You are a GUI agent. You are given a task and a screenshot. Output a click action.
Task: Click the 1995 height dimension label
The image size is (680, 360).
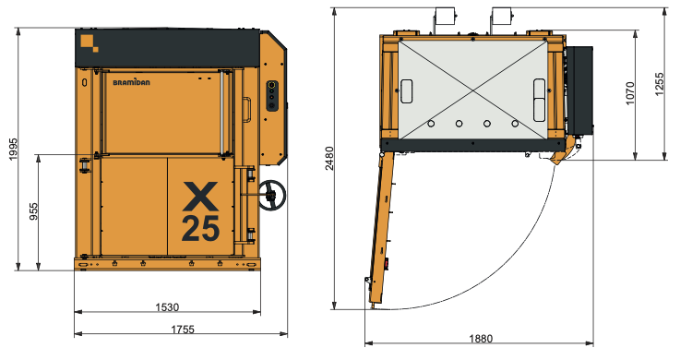click(x=13, y=149)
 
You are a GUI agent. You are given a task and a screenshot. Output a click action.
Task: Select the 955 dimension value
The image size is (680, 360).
click(x=33, y=211)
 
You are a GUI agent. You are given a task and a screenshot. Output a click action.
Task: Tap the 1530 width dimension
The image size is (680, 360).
click(x=167, y=307)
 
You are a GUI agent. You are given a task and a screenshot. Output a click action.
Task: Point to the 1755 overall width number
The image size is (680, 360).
click(x=183, y=330)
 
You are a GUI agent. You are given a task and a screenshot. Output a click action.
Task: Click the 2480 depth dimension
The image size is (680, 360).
click(x=329, y=159)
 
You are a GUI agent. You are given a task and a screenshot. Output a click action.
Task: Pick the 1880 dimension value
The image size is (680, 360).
click(x=481, y=339)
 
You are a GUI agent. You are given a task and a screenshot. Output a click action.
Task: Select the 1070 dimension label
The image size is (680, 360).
click(x=629, y=93)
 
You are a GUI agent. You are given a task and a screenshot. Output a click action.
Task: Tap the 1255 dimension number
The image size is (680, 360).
click(x=659, y=84)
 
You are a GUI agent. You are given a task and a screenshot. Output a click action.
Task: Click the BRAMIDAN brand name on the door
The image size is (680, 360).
click(x=131, y=82)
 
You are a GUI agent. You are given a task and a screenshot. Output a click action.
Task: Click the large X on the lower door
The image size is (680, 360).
click(x=200, y=196)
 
